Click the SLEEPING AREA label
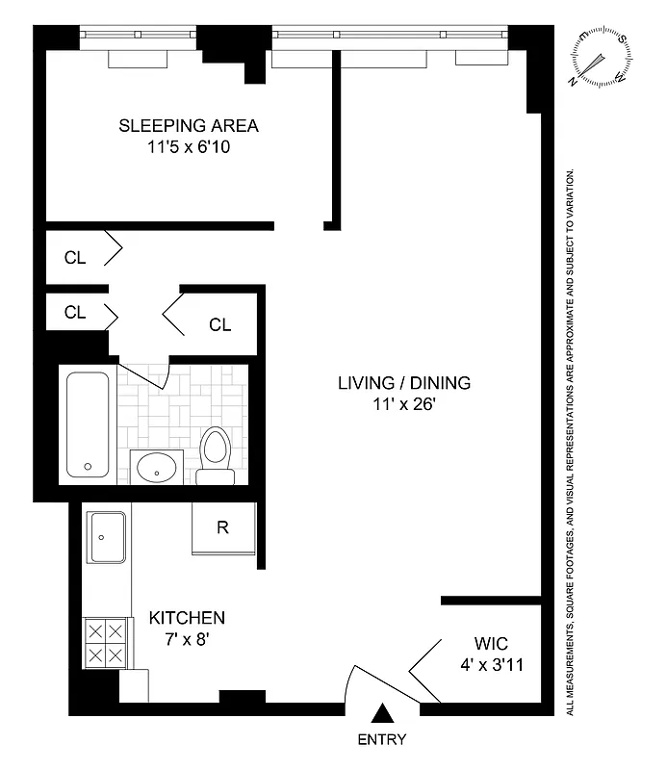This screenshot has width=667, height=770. tap(189, 126)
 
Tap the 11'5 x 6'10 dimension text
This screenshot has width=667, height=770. tap(189, 148)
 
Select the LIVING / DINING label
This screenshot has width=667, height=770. tap(404, 383)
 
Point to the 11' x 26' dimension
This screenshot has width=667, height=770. tap(404, 405)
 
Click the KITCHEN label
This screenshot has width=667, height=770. tap(187, 617)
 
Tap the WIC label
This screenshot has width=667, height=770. tap(491, 643)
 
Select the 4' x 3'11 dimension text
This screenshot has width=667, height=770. tap(491, 664)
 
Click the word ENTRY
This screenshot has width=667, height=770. tap(382, 740)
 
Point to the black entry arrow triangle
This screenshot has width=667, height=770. tap(382, 714)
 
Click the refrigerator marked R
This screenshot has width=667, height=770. tap(223, 527)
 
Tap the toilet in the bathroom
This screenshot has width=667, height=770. tap(215, 455)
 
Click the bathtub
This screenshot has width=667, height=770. tap(88, 426)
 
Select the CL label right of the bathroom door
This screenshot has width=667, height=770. tap(220, 324)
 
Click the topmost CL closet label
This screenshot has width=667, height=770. tap(75, 257)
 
